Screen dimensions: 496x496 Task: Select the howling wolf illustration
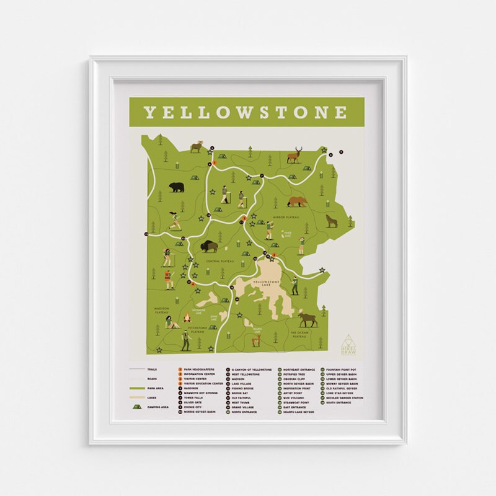330,221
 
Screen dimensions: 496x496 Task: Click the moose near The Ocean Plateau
308,320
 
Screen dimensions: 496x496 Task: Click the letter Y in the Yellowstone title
150,113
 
